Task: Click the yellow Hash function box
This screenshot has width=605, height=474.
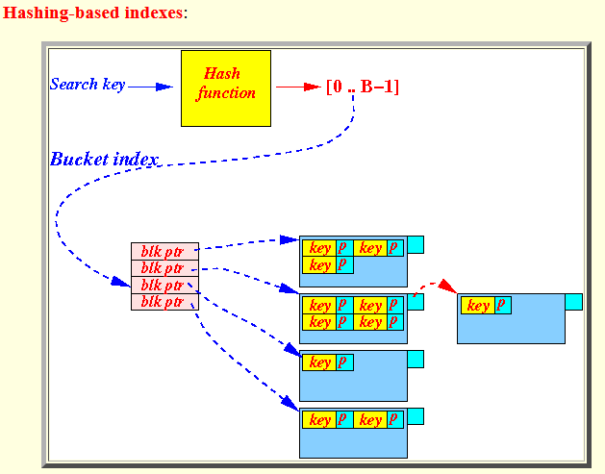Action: click(226, 88)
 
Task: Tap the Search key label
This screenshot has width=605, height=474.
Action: click(88, 85)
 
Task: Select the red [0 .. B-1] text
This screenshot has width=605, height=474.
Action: click(363, 87)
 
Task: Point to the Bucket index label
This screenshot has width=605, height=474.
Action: click(104, 160)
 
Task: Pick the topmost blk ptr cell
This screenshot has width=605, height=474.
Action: click(164, 252)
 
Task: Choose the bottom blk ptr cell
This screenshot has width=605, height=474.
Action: click(164, 302)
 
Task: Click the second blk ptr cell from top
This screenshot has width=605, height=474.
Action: click(164, 268)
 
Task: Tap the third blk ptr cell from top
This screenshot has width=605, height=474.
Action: click(164, 286)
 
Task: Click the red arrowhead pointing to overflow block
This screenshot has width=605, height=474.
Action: click(447, 286)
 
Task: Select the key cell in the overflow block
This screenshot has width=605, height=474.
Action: click(478, 306)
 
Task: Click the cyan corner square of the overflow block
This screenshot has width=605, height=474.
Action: click(574, 302)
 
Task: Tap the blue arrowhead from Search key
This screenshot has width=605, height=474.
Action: click(164, 87)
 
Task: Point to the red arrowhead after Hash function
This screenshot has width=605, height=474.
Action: click(312, 87)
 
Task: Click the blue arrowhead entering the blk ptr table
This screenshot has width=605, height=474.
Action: click(121, 282)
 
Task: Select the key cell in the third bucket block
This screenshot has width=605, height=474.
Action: click(319, 362)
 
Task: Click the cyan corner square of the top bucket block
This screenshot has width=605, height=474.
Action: click(416, 244)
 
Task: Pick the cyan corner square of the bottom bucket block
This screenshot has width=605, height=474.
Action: click(416, 416)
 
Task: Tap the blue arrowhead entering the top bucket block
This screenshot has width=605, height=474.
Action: click(290, 240)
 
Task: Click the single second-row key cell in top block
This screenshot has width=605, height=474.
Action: click(319, 265)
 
